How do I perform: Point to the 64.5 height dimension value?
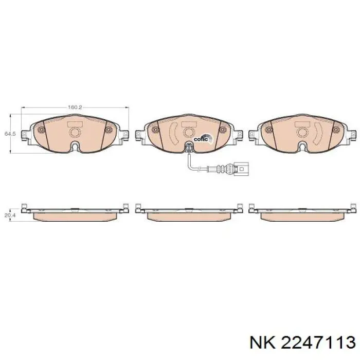[8, 134]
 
